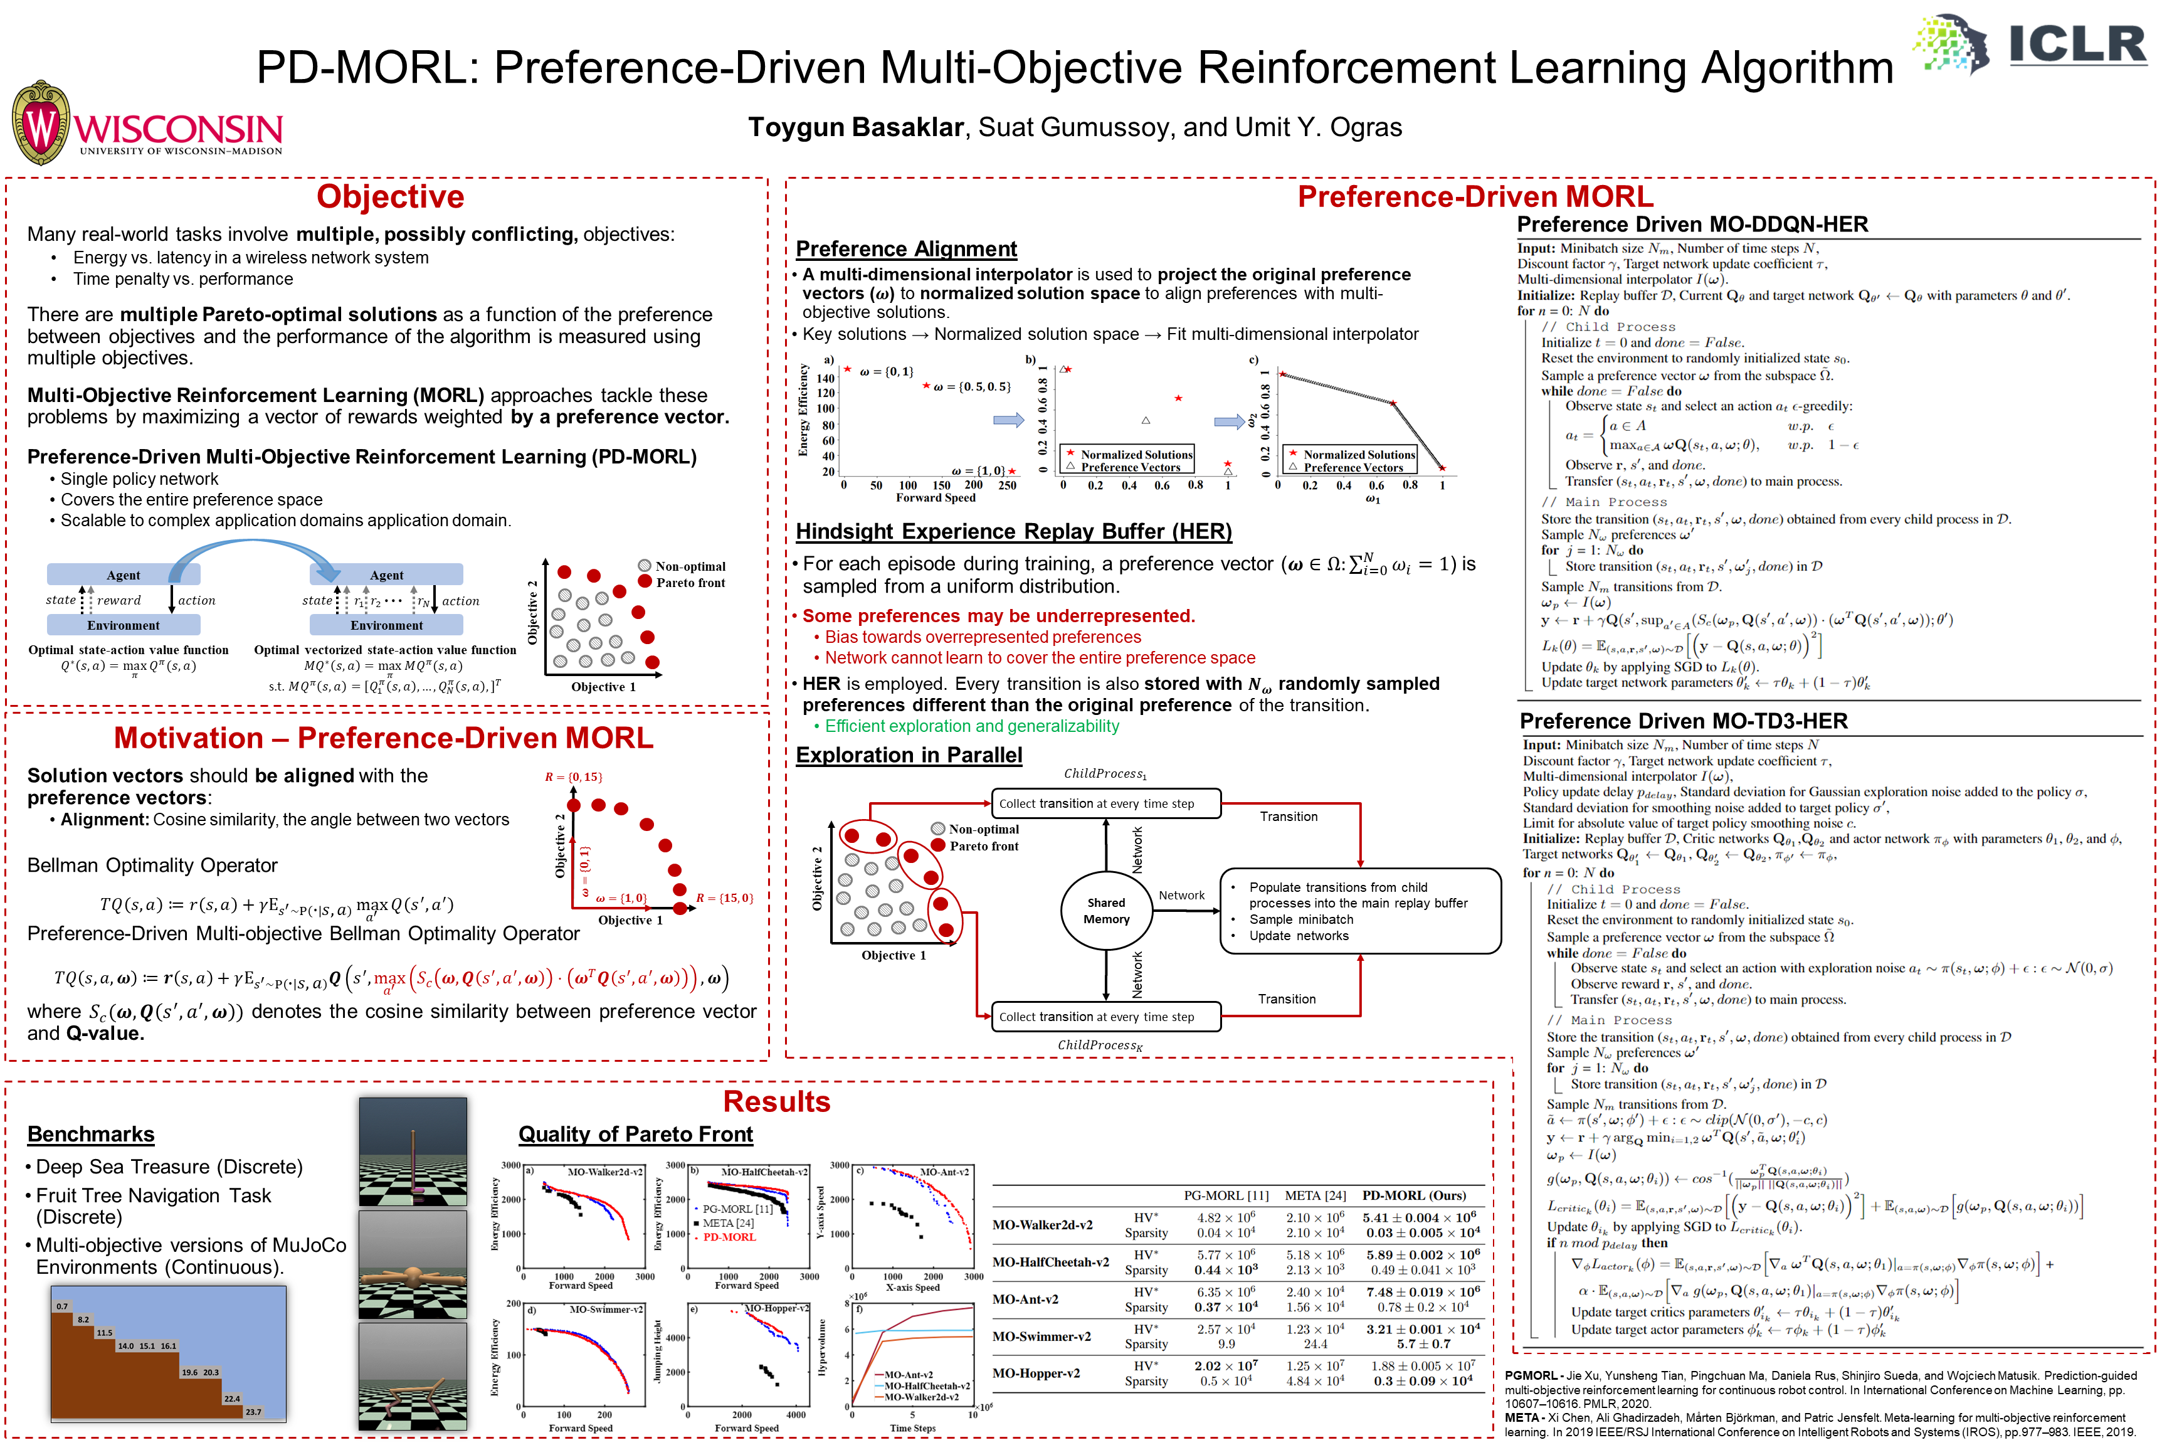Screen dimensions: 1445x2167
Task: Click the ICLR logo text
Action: pos(2077,45)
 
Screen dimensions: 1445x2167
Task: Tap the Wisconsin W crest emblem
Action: pos(41,124)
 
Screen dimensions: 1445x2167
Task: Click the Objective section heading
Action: pos(390,197)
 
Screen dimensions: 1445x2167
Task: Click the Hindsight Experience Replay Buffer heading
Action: pos(1013,532)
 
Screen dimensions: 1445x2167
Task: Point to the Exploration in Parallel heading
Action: pos(909,756)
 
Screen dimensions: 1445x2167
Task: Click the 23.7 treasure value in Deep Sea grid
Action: pos(253,1412)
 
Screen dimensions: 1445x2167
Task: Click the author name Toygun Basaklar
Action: pos(855,127)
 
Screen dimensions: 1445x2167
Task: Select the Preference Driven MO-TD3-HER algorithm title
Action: pos(1684,721)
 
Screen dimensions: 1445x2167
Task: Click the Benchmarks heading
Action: pos(90,1135)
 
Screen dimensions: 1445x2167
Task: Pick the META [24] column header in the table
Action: pos(1315,1195)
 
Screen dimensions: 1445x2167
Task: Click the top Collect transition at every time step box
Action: pos(1105,803)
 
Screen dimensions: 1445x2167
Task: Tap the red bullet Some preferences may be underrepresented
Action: pos(998,616)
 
